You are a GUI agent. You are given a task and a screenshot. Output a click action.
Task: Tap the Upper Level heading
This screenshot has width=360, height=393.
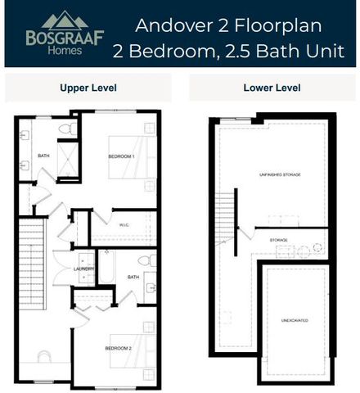click(x=88, y=87)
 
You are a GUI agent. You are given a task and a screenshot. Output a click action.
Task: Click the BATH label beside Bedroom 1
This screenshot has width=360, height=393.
click(x=43, y=156)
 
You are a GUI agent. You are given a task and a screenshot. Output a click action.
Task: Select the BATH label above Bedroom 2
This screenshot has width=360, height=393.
click(x=133, y=278)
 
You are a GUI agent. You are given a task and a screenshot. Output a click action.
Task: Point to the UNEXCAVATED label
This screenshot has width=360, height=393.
click(x=295, y=320)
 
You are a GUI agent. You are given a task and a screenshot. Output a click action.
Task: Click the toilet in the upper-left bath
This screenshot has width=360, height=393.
click(x=66, y=129)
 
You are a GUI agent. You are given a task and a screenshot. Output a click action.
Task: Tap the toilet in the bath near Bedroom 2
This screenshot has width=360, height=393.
click(x=146, y=261)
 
